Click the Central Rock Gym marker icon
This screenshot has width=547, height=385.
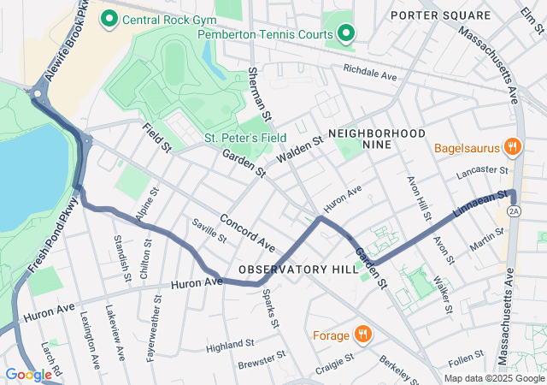tap(109, 18)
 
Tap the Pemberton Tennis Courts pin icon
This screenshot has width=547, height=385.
tap(345, 34)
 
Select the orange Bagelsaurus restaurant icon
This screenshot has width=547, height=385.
tap(513, 146)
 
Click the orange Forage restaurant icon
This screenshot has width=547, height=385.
tap(363, 335)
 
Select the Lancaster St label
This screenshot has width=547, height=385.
tap(482, 171)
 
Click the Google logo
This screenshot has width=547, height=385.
tap(28, 375)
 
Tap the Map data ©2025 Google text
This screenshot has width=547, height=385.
tap(493, 379)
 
